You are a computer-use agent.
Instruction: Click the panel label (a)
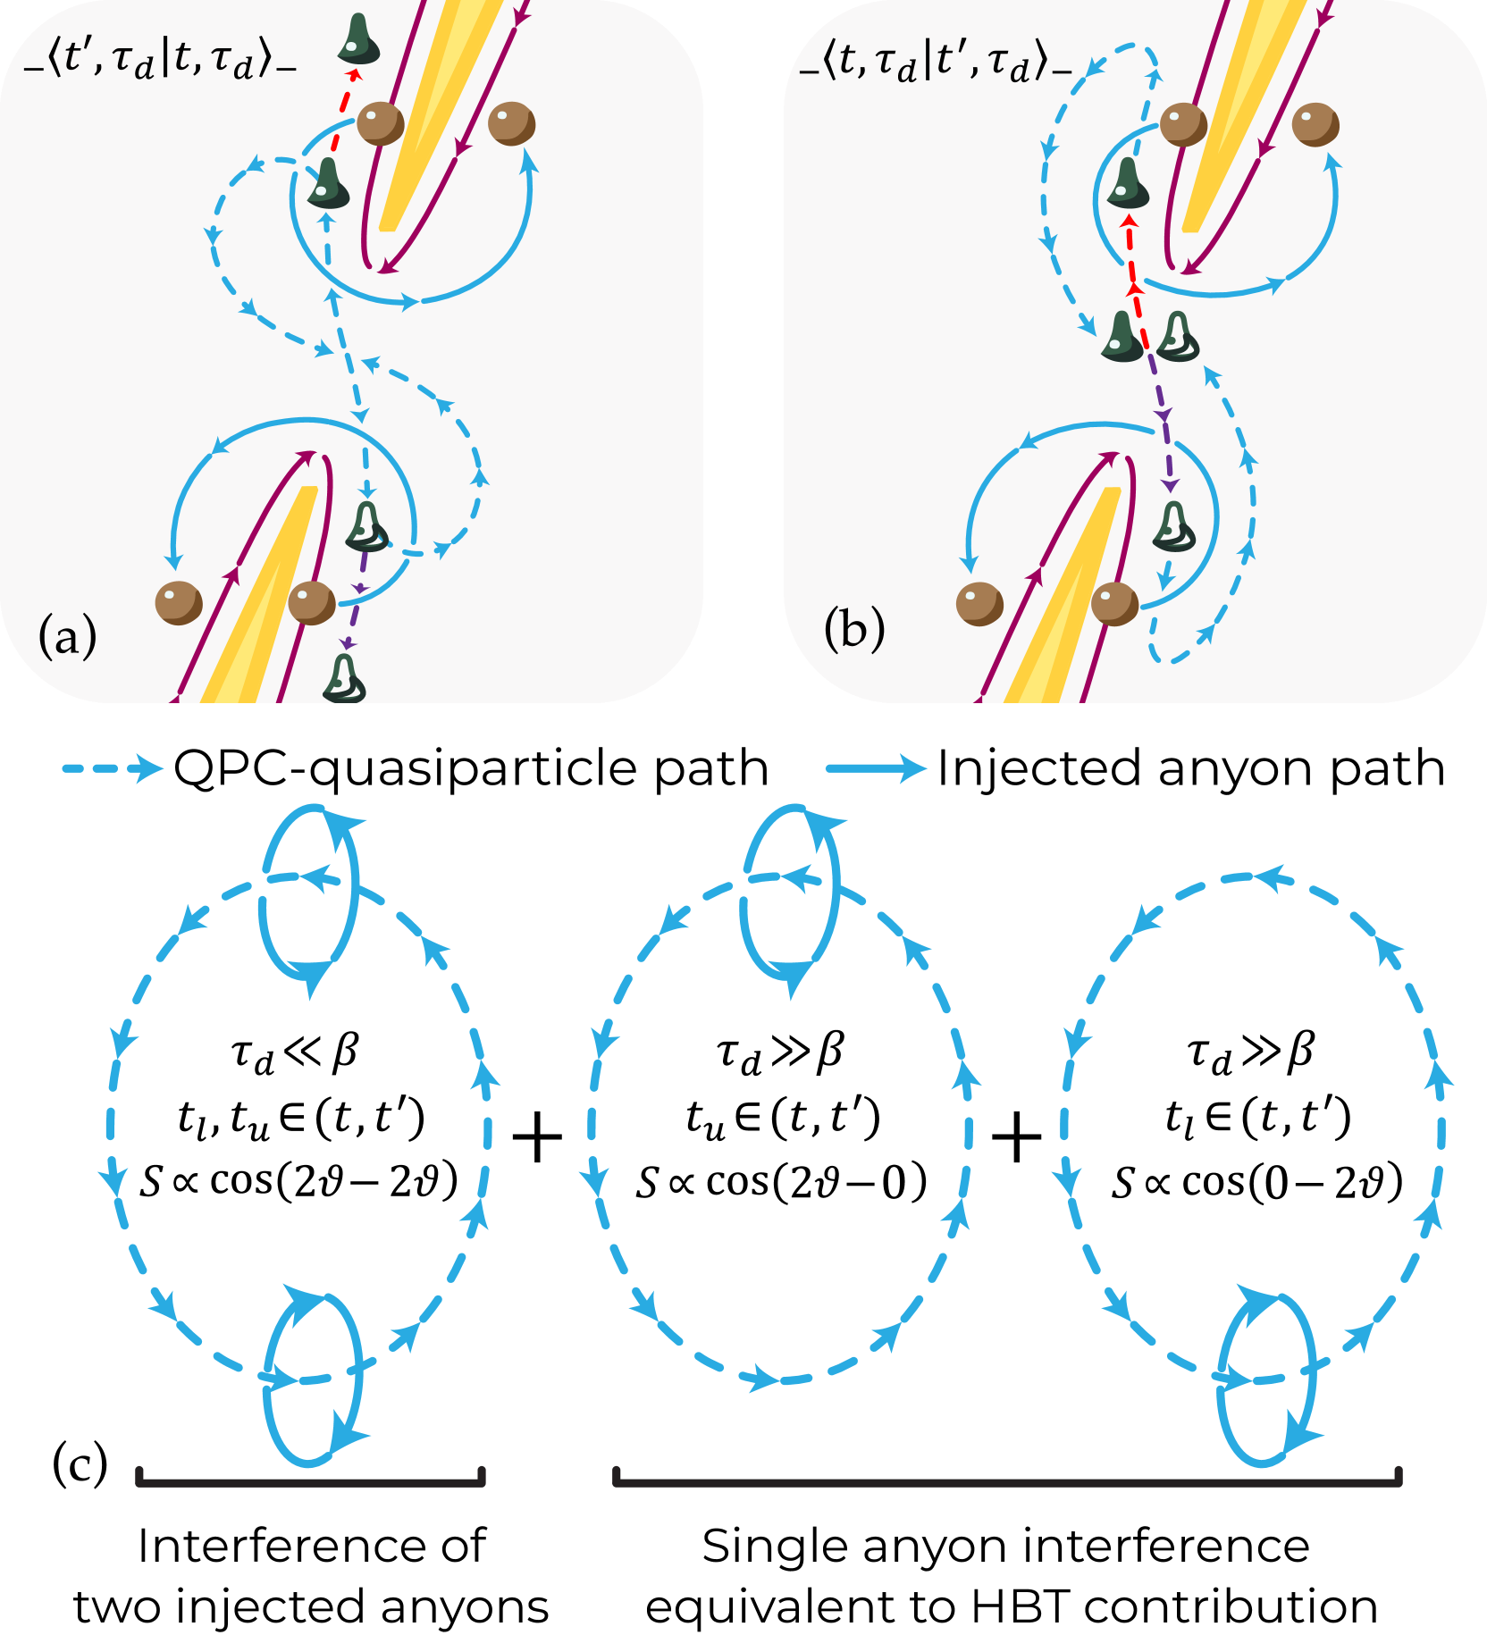click(x=68, y=637)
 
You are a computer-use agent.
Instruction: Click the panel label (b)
click(x=854, y=628)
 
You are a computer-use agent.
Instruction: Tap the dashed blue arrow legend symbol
click(x=113, y=768)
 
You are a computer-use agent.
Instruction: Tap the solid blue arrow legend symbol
click(x=876, y=768)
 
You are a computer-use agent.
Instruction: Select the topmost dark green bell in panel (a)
click(x=358, y=39)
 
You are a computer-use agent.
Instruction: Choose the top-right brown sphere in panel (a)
click(x=511, y=123)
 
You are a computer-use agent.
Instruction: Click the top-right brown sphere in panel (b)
click(x=1315, y=124)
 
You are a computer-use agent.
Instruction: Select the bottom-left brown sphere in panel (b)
click(x=979, y=604)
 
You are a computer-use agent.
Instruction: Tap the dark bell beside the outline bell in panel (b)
click(x=1123, y=337)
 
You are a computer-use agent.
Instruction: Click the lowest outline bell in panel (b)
click(x=1174, y=526)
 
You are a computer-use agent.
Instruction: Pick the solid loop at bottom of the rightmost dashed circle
click(x=1267, y=1377)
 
